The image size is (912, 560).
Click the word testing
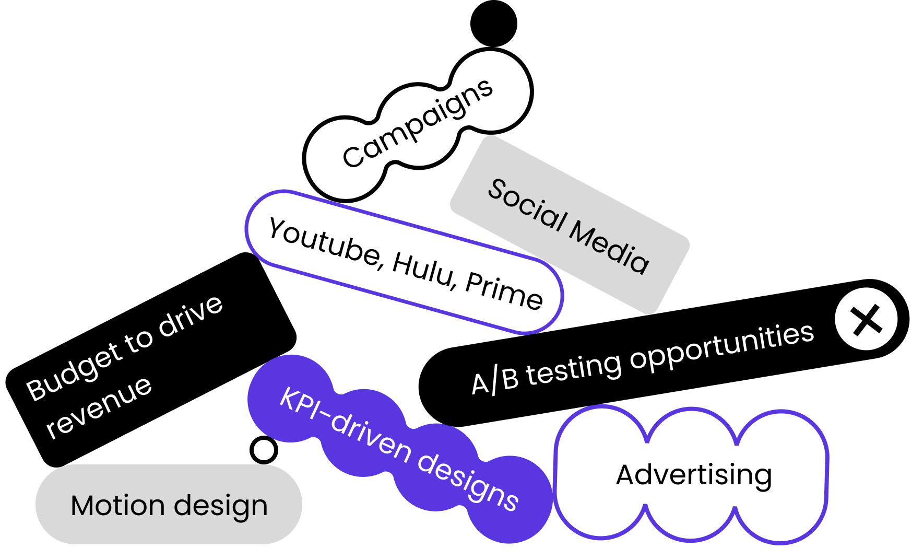(573, 369)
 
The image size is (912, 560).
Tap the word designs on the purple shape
(467, 479)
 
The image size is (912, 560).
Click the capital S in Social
(498, 189)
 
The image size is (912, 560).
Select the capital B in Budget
(37, 390)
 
